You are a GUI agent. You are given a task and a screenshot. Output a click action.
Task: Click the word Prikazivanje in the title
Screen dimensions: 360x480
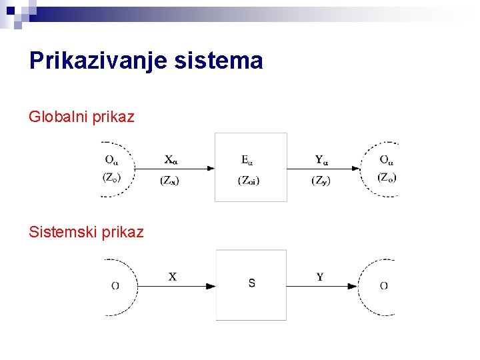[x=107, y=61]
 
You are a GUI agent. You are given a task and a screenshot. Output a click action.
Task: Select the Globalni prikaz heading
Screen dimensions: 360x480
[x=81, y=117]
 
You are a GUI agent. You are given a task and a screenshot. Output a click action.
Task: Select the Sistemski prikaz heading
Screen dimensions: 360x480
[x=86, y=232]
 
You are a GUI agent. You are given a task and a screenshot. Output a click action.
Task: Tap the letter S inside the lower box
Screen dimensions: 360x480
[x=251, y=283]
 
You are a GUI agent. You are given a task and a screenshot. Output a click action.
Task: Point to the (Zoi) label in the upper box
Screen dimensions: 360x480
[x=249, y=181]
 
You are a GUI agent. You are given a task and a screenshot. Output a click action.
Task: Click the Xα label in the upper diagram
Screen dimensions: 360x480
[x=171, y=159]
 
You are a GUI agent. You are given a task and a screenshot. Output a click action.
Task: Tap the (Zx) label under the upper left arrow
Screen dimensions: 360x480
[x=169, y=180]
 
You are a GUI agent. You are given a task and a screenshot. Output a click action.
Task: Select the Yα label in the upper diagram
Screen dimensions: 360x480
[x=322, y=159]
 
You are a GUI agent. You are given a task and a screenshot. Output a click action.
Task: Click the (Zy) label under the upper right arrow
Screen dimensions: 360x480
[x=321, y=180]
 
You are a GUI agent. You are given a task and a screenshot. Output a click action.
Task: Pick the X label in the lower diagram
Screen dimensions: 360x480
[x=173, y=277]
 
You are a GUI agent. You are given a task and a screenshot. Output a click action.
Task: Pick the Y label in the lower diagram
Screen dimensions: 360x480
[x=320, y=277]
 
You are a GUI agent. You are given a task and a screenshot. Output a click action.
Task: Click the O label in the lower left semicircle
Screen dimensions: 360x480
[x=115, y=286]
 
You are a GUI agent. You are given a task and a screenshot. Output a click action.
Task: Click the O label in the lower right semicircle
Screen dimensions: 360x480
[x=384, y=286]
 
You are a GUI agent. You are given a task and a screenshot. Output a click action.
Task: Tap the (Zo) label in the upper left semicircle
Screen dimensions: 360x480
[x=112, y=177]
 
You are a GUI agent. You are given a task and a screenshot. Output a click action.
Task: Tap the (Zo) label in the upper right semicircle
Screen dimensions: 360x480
[x=387, y=177]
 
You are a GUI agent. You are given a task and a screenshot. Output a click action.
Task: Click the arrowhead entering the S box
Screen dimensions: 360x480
[x=211, y=286]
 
